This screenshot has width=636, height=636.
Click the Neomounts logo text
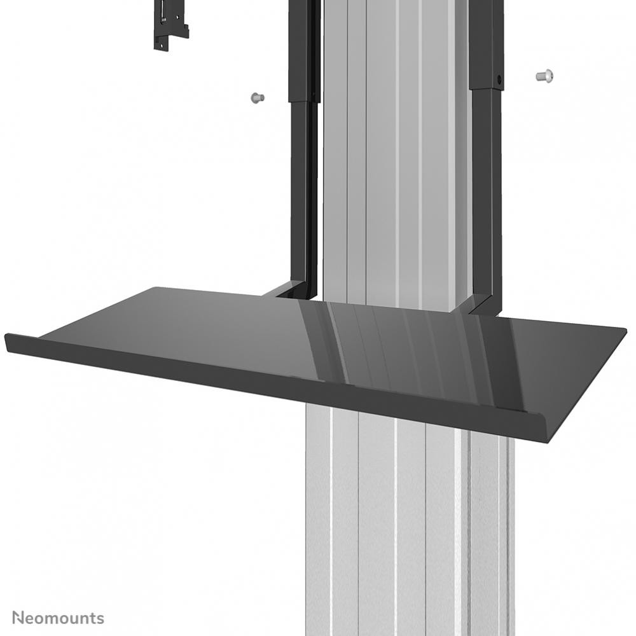pyautogui.click(x=58, y=618)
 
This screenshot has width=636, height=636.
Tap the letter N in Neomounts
pyautogui.click(x=18, y=618)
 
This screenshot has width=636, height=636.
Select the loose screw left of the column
pyautogui.click(x=256, y=98)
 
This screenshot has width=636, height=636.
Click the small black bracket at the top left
pyautogui.click(x=170, y=25)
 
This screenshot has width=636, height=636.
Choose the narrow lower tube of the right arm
pyautogui.click(x=487, y=191)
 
